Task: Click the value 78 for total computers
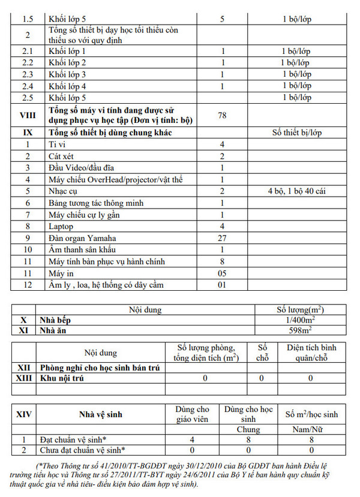point(222,115)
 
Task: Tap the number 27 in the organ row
point(222,238)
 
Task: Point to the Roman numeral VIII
point(27,115)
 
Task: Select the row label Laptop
point(61,226)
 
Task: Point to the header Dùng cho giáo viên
point(192,414)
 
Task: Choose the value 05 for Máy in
point(222,273)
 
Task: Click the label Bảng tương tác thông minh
point(96,203)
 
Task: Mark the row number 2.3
point(27,74)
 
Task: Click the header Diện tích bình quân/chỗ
point(311,353)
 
